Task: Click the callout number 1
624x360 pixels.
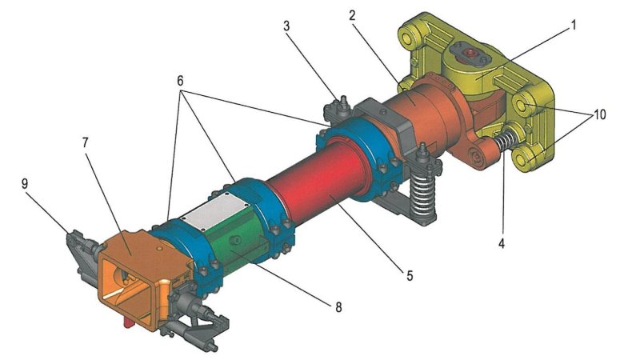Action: point(573,25)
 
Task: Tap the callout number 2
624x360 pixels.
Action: point(352,16)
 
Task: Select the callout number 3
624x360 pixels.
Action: point(286,26)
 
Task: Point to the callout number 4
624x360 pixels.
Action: point(502,242)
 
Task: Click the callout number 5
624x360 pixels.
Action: point(410,275)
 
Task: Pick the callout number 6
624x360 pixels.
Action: point(180,81)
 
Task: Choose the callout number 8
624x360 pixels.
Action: point(338,306)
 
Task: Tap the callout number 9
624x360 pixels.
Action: point(25,183)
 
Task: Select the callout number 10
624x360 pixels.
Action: point(599,114)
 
